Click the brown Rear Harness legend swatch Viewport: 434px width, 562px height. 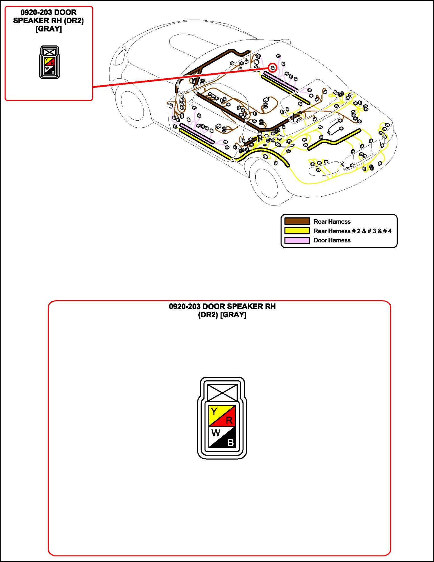297,221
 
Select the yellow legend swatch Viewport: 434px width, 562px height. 297,231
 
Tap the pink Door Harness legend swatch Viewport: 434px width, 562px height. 297,240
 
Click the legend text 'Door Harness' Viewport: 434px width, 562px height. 332,240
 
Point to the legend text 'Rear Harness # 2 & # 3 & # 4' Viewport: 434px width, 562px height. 352,231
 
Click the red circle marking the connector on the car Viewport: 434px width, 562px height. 272,68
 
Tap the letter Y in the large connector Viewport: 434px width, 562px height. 214,411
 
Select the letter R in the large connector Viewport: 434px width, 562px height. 229,420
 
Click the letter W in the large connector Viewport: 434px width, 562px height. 216,433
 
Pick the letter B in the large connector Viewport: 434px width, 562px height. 231,443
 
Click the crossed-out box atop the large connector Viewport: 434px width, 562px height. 222,393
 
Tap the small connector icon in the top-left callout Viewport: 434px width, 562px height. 49,62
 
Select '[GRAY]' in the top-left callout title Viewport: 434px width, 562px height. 49,29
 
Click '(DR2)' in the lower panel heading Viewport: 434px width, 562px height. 208,315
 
